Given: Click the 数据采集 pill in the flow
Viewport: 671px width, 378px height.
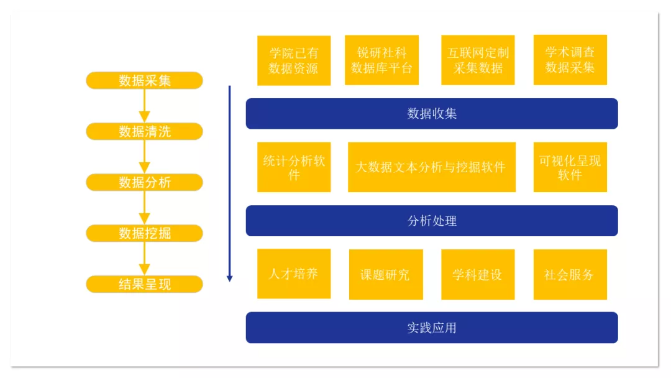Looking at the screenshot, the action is (144, 80).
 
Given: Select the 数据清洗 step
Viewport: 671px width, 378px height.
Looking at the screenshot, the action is (144, 131).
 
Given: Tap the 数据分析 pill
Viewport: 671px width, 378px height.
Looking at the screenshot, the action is (144, 182).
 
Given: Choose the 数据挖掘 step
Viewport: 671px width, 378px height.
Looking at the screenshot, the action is (144, 233).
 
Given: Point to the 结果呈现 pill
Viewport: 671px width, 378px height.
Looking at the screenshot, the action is (144, 284).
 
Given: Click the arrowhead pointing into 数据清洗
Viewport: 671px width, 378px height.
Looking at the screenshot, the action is (144, 117).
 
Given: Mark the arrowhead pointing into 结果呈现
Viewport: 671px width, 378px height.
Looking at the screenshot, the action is (144, 270).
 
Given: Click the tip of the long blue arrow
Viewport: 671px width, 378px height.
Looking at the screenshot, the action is (229, 282).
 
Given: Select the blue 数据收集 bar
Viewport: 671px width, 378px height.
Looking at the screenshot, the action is (432, 114).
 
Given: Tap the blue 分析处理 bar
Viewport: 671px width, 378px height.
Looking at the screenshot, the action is (432, 221).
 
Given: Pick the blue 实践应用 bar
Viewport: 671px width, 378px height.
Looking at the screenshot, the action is (432, 328).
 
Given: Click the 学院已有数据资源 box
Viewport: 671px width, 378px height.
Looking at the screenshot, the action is (294, 60).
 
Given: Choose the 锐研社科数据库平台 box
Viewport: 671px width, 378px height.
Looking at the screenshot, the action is (381, 60).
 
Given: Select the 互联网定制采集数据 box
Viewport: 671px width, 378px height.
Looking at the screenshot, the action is (478, 60).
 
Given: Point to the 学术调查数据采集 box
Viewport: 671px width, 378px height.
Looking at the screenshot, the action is (570, 60).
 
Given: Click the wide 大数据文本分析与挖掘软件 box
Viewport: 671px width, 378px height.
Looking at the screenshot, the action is (432, 167).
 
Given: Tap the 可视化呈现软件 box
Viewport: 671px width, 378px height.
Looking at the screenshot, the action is (570, 167).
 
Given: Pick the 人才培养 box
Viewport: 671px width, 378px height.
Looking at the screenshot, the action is (294, 274).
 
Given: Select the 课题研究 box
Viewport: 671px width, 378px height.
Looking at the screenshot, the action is (386, 274).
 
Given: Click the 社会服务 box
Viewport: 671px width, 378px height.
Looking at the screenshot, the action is (570, 274).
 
